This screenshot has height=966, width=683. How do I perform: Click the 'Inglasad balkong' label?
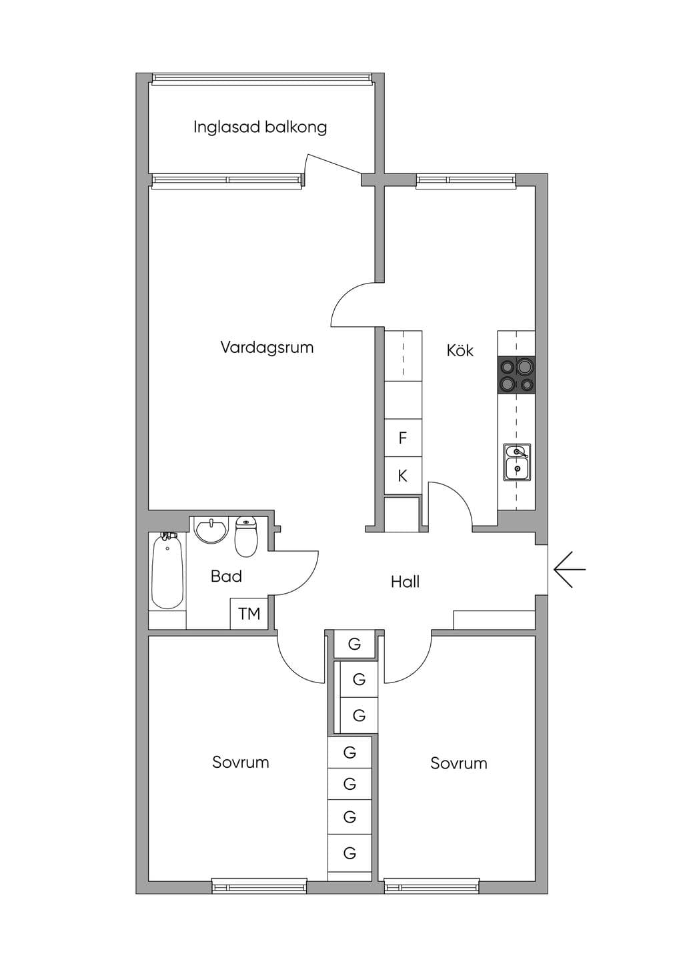pos(260,127)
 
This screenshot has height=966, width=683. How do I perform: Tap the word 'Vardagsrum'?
pos(267,348)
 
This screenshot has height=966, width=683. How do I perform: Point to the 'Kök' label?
pos(460,350)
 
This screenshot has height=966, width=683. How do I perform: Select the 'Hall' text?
pos(405,582)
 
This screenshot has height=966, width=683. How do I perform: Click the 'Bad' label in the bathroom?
pos(226,576)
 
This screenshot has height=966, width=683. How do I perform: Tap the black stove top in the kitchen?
pos(516,374)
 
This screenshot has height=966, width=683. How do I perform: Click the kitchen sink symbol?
pos(516,462)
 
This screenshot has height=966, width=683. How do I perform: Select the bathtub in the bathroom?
pos(167,571)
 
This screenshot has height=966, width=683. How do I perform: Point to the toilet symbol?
pos(246,537)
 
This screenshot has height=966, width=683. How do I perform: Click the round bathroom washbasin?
pos(211,530)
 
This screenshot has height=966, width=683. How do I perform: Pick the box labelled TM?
pos(249,613)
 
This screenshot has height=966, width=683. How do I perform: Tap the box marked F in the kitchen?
pos(403,438)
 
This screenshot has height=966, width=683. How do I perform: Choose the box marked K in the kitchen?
pos(403,476)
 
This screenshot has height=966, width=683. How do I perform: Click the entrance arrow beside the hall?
pos(570,569)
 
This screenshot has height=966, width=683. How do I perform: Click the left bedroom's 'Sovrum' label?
pos(241,762)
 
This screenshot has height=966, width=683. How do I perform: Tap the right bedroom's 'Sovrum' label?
pos(459,763)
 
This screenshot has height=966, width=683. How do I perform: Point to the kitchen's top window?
pos(466,181)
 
